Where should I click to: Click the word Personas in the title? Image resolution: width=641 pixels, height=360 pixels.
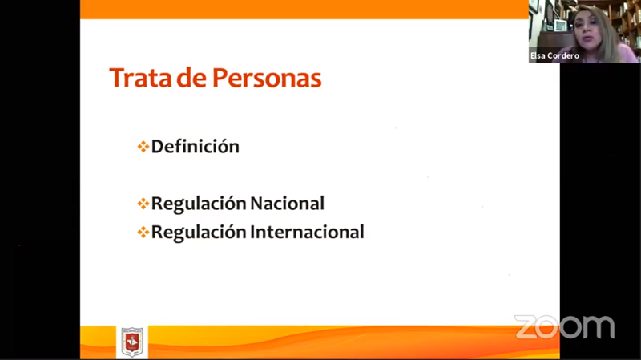pyautogui.click(x=267, y=78)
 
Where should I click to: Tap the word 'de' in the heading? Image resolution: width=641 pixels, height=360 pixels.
pyautogui.click(x=191, y=78)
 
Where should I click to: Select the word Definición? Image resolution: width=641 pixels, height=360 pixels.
pyautogui.click(x=196, y=147)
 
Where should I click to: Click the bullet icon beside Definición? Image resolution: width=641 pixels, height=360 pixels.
pyautogui.click(x=143, y=147)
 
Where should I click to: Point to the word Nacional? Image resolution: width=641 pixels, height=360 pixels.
pyautogui.click(x=287, y=204)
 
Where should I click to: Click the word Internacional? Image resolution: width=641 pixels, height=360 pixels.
pyautogui.click(x=307, y=232)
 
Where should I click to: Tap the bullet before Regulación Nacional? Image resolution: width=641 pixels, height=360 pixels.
pyautogui.click(x=143, y=204)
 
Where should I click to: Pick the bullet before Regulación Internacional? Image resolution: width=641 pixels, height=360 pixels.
pyautogui.click(x=143, y=232)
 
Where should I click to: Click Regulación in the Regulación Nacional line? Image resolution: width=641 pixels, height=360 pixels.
pyautogui.click(x=198, y=204)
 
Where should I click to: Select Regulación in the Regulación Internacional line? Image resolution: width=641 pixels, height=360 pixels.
pyautogui.click(x=198, y=233)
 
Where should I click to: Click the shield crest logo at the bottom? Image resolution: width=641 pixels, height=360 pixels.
pyautogui.click(x=132, y=342)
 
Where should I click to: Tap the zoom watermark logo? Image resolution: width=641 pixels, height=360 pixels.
pyautogui.click(x=565, y=327)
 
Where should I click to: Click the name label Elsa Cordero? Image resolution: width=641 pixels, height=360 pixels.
pyautogui.click(x=554, y=55)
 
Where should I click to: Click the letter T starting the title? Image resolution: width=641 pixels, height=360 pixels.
pyautogui.click(x=116, y=78)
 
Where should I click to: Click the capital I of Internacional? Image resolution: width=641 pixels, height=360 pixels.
pyautogui.click(x=252, y=232)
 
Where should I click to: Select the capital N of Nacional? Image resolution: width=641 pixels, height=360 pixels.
pyautogui.click(x=257, y=204)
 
